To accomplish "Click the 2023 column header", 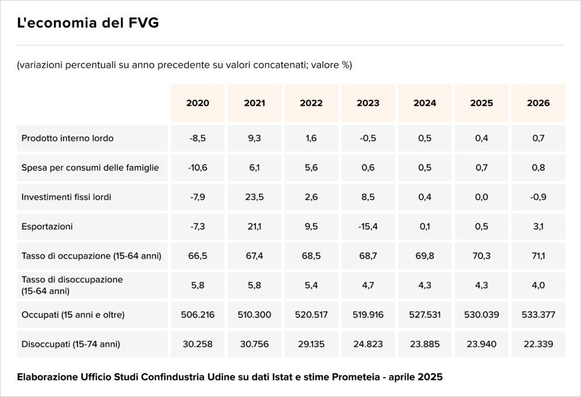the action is coord(368,103).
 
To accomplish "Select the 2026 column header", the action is coord(538,103).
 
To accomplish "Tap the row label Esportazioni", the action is coord(47,226).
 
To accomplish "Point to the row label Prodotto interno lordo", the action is coord(68,138).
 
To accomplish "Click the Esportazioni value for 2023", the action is coord(368,226).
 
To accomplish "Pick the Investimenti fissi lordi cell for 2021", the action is coord(254,197).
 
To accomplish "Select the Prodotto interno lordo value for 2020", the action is coord(197,138).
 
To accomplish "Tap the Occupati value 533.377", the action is coord(538,315).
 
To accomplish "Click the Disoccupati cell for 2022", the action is coord(311,344).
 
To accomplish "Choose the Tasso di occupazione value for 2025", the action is coord(481,256).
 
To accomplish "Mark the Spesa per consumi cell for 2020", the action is coord(197,167).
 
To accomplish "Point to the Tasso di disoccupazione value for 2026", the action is coord(538,285).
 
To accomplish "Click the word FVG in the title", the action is coord(144,23).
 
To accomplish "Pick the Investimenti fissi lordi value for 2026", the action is coord(538,197).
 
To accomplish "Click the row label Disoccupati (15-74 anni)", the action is coord(71,344).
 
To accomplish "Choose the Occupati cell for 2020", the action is coord(197,315).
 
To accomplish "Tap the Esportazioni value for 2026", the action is coord(538,226).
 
